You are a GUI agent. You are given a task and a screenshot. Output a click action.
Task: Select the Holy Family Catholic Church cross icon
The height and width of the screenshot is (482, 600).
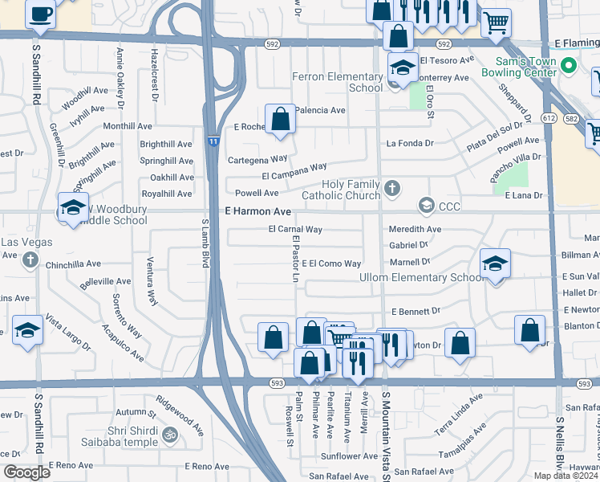pyautogui.click(x=391, y=188)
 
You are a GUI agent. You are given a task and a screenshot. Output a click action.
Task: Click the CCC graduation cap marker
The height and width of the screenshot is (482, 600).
pyautogui.click(x=426, y=206)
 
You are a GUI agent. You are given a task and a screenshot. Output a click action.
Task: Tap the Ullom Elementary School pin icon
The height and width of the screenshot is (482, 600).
pyautogui.click(x=496, y=264)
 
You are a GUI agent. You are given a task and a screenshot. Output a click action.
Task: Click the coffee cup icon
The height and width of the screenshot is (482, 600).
pyautogui.click(x=40, y=13)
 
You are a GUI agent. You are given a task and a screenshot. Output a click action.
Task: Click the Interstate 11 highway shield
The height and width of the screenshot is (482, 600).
pyautogui.click(x=213, y=141)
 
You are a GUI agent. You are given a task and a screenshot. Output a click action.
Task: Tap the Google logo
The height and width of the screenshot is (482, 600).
pyautogui.click(x=27, y=472)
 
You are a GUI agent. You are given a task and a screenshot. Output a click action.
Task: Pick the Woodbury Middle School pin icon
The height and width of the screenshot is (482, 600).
pyautogui.click(x=72, y=206)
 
